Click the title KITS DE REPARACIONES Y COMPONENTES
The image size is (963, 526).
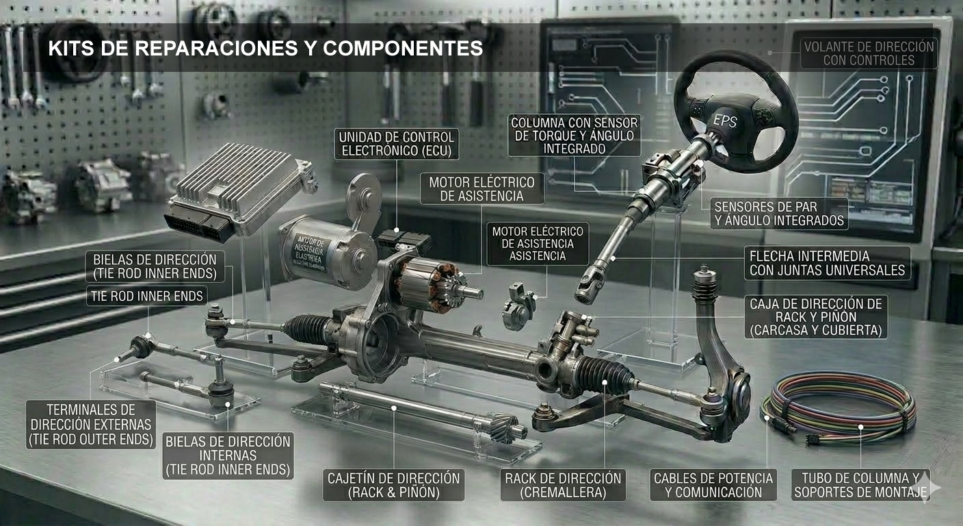[x=265, y=49]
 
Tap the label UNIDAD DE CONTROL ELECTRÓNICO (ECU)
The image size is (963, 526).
[x=396, y=144]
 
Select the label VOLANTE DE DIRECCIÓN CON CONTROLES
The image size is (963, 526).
[x=869, y=53]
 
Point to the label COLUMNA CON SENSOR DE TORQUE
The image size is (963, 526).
[x=574, y=136]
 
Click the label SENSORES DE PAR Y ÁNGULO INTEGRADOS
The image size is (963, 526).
[x=779, y=214]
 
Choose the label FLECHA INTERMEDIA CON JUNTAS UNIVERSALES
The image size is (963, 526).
[x=827, y=263]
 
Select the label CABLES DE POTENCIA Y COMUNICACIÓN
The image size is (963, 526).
[x=713, y=485]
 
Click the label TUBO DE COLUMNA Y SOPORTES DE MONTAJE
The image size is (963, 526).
[x=860, y=485]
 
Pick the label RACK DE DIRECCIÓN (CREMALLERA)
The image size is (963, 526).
[x=563, y=485]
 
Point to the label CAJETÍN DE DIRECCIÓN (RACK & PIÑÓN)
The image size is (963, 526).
[x=393, y=485]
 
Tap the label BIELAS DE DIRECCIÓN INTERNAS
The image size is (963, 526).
[x=228, y=455]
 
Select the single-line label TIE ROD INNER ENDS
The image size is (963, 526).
[x=146, y=296]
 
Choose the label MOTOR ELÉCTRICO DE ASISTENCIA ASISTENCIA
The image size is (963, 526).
[x=538, y=244]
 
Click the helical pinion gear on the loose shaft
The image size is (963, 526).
[x=505, y=427]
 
